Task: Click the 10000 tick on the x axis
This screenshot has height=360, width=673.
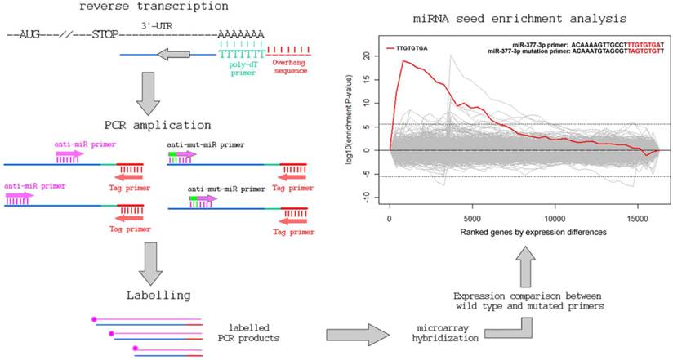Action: click(x=555, y=220)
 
